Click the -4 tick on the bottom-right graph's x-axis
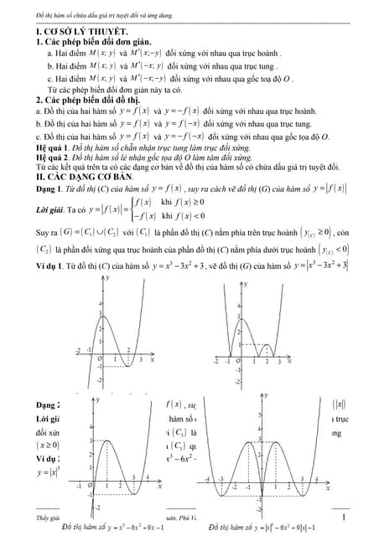[208, 479]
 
